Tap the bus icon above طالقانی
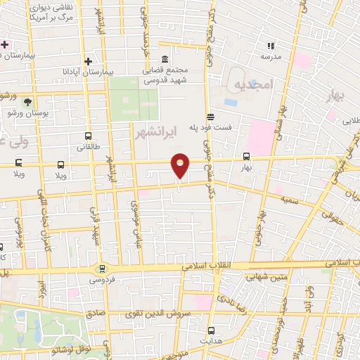(x=88, y=136)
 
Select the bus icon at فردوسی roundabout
(x=102, y=268)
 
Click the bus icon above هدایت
(x=212, y=329)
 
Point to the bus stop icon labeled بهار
(x=246, y=157)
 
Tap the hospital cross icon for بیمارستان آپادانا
(x=88, y=60)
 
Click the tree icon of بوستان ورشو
(x=28, y=102)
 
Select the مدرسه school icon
(x=271, y=46)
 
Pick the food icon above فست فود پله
(x=210, y=117)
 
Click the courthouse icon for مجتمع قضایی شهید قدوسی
(x=165, y=60)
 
